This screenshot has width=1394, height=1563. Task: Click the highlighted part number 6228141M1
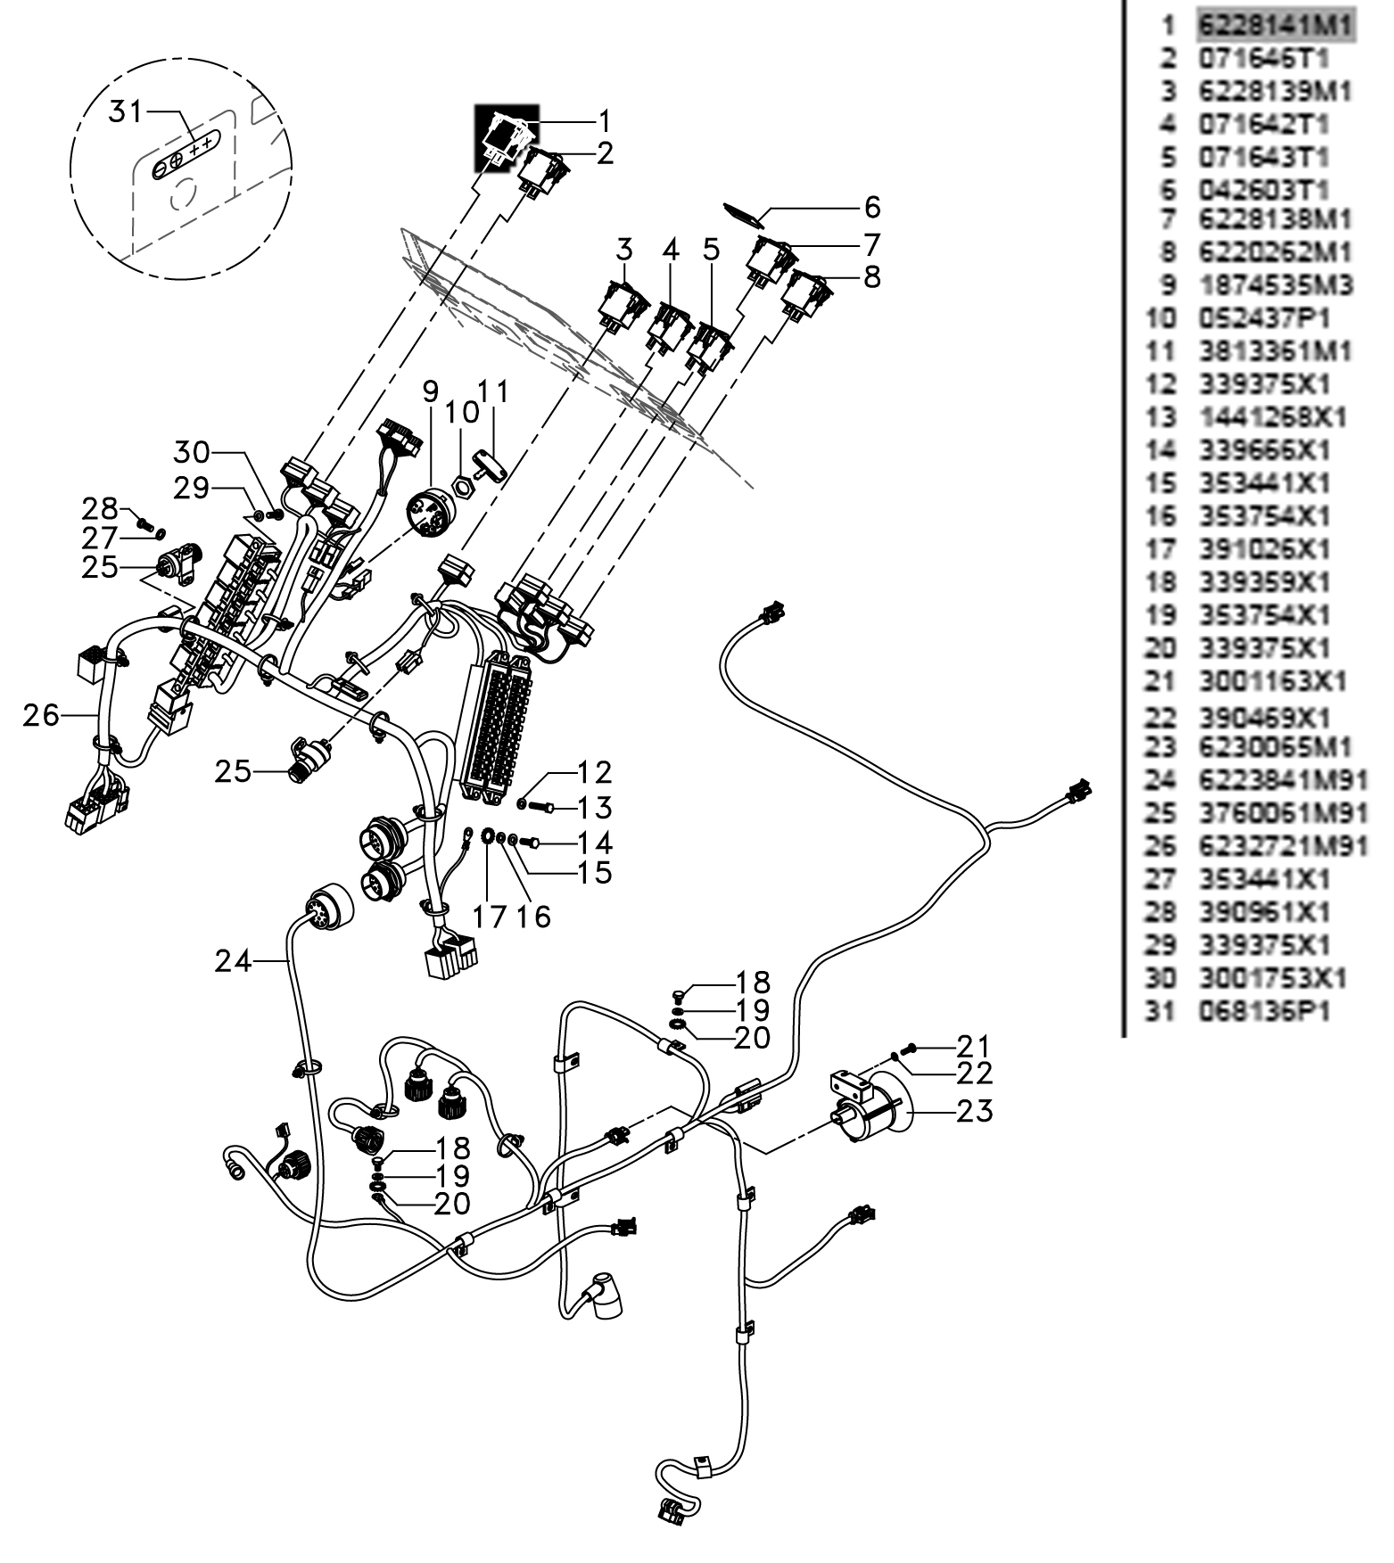(x=1275, y=25)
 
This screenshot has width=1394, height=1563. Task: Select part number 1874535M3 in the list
(x=1275, y=285)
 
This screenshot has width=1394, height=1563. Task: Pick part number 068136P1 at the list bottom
(x=1264, y=1012)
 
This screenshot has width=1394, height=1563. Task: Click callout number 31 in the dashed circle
(x=126, y=112)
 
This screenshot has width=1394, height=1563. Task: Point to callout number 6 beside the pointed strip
(x=871, y=207)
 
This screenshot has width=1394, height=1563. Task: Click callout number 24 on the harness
(x=233, y=961)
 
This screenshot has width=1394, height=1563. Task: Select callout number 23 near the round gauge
(x=974, y=1111)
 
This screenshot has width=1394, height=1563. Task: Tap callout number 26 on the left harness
(x=41, y=714)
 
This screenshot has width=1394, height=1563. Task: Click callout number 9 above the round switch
(x=431, y=391)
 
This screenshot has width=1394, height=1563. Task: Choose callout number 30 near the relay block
(x=192, y=452)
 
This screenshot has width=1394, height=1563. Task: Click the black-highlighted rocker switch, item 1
(x=506, y=139)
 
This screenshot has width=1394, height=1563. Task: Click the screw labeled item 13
(x=542, y=807)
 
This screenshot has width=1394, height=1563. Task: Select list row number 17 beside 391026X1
(x=1160, y=548)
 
